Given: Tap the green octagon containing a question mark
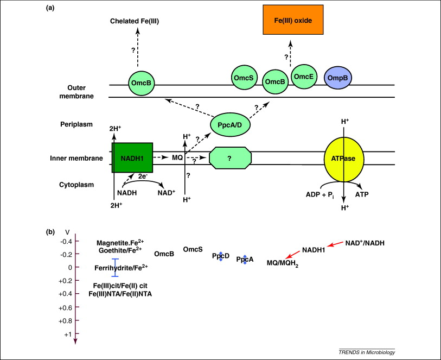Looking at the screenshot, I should tap(231, 158).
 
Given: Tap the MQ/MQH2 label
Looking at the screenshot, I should tap(282, 263).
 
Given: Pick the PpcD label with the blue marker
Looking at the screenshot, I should tap(221, 256).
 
